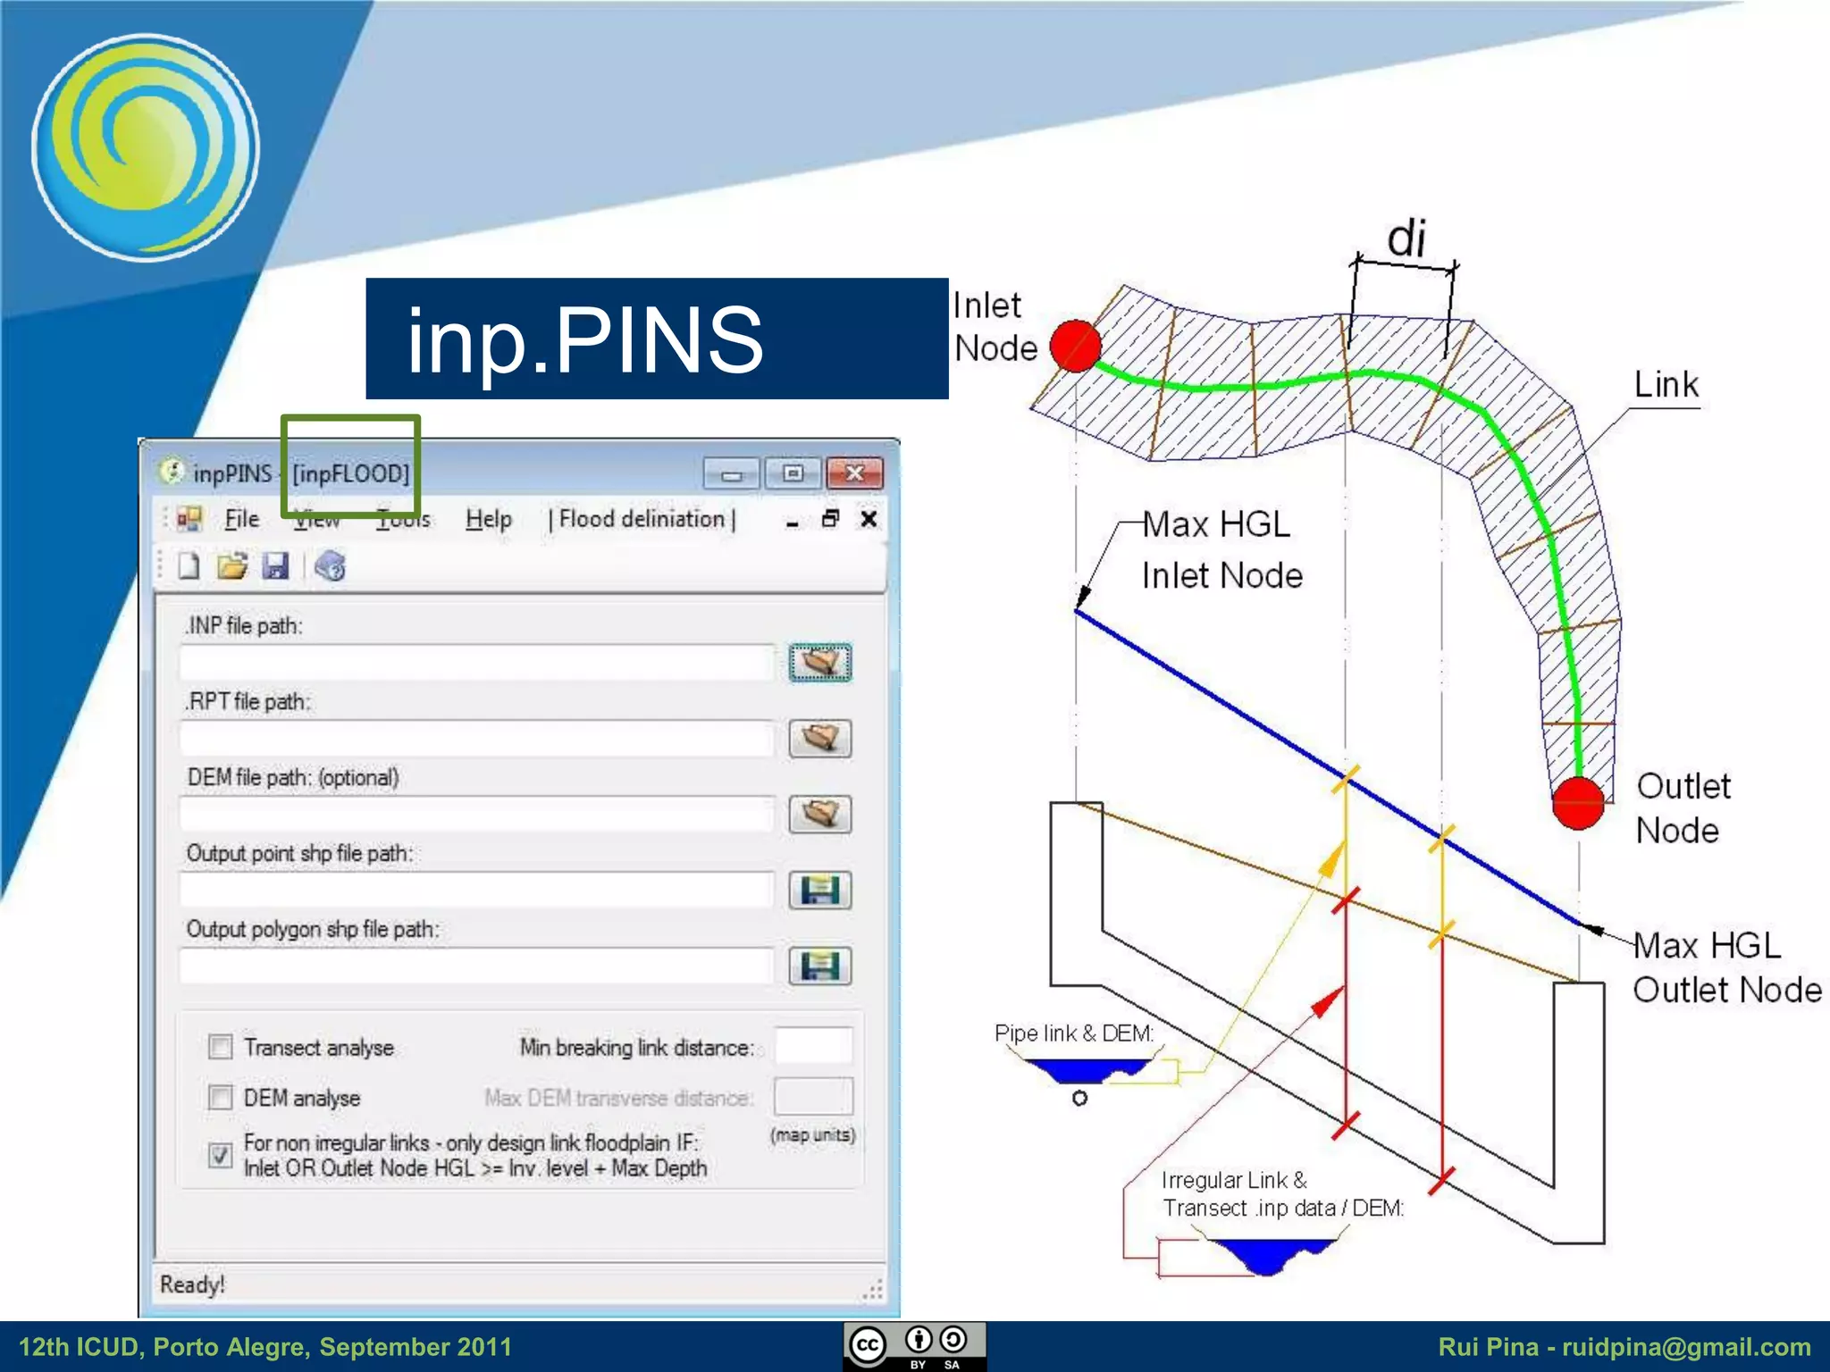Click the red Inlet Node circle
coord(1075,346)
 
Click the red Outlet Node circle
coord(1578,802)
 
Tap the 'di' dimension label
coord(1406,239)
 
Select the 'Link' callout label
coord(1666,385)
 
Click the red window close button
coord(854,473)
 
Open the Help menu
coord(488,519)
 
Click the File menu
coord(241,519)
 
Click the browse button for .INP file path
coord(819,662)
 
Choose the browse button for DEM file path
coord(819,814)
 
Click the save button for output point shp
coord(819,890)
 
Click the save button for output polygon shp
coord(819,966)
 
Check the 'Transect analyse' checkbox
coord(220,1047)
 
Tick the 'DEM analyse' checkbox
coord(220,1097)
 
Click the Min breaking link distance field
coord(813,1046)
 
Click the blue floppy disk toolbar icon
coord(275,566)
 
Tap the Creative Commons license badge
coord(914,1345)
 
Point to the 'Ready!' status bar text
coord(192,1284)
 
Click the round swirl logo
coord(146,147)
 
